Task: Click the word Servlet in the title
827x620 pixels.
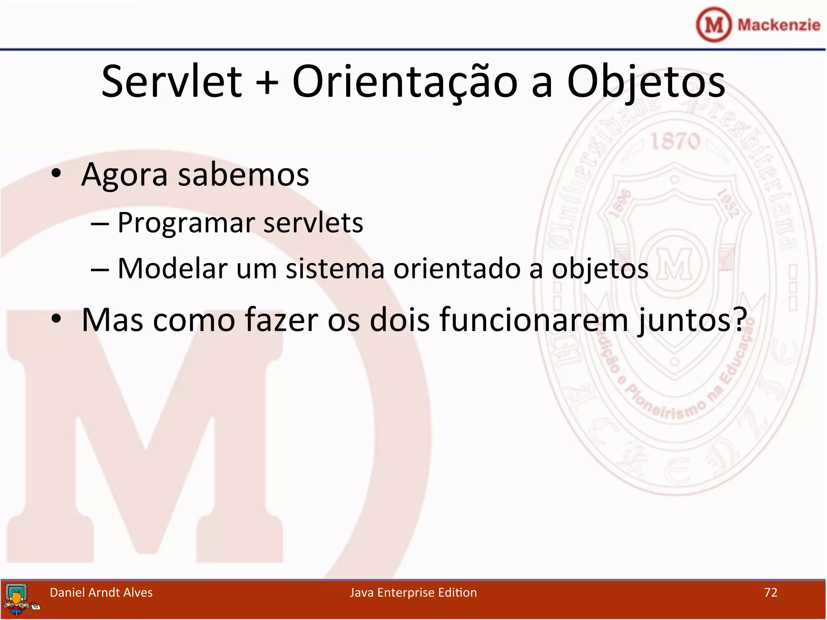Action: point(172,82)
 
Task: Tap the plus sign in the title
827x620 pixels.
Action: point(267,84)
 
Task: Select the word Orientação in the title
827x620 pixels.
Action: point(405,82)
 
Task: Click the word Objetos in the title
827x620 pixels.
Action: point(646,82)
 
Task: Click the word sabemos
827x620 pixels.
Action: point(243,175)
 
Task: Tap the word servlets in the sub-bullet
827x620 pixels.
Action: point(313,222)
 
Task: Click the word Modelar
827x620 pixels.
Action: point(172,268)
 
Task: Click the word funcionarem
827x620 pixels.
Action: point(534,320)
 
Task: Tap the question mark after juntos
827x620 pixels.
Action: point(740,319)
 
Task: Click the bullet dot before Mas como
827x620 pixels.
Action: point(56,318)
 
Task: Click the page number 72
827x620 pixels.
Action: point(770,592)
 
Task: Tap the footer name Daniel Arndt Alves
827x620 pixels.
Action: point(101,592)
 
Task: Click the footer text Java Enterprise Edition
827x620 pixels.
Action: point(413,592)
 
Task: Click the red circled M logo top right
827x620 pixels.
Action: point(714,25)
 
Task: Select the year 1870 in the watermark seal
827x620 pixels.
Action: point(675,141)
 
